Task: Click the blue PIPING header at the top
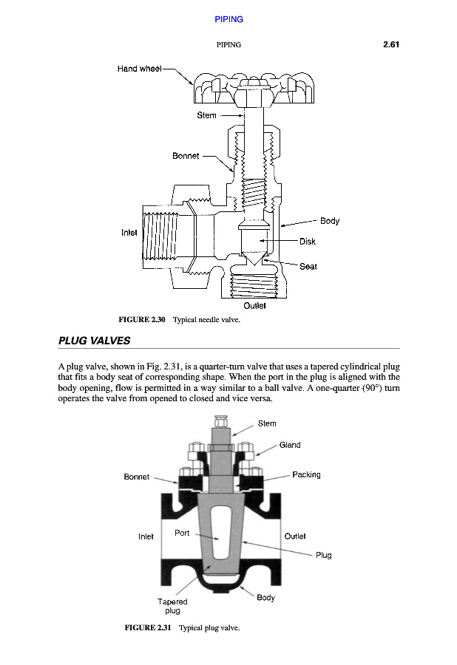point(228,19)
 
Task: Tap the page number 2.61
point(391,45)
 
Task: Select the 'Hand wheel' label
point(139,69)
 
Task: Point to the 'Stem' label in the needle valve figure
point(206,115)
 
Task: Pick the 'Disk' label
point(308,242)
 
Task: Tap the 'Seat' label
point(308,267)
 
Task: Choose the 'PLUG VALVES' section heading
point(94,341)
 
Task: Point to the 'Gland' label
point(290,445)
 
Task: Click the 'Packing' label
point(306,474)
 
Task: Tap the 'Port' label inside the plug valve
point(182,532)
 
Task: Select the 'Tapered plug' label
point(172,606)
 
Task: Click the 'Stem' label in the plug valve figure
point(267,423)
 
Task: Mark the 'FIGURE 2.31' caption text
point(147,628)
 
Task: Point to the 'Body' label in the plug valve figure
point(265,598)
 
